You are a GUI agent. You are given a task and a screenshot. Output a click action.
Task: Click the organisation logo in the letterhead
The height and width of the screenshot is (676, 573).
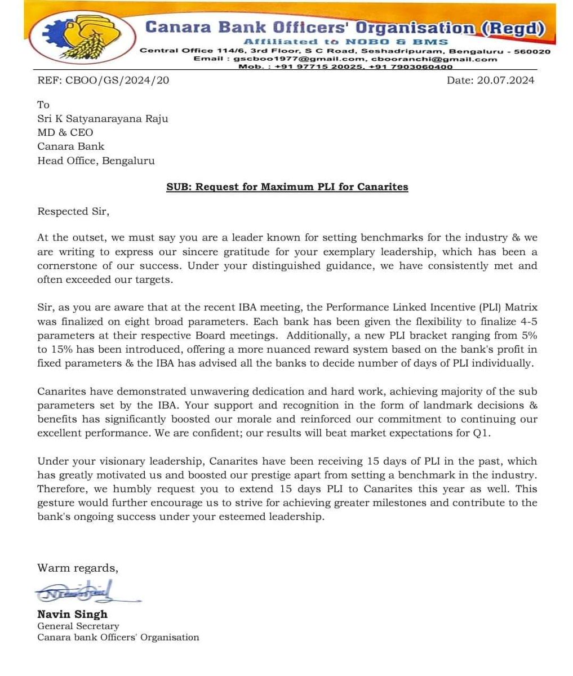point(85,39)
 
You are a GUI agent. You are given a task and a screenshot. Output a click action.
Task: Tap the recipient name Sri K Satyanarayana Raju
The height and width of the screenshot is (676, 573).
point(103,118)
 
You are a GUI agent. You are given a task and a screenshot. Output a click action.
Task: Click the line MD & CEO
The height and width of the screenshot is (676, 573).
point(65,132)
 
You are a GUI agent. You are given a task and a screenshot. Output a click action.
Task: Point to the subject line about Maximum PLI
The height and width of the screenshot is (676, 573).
point(287,186)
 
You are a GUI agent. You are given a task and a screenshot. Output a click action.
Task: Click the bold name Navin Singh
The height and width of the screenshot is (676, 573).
point(72,614)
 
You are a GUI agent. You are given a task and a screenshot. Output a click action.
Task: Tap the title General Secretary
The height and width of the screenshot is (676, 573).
point(78,626)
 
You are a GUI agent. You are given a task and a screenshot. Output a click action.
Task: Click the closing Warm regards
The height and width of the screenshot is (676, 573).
point(78,567)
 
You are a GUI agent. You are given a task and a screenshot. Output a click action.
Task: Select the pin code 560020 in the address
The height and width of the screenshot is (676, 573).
point(532,51)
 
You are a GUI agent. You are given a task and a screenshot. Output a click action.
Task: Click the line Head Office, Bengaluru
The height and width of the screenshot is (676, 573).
point(96,161)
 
